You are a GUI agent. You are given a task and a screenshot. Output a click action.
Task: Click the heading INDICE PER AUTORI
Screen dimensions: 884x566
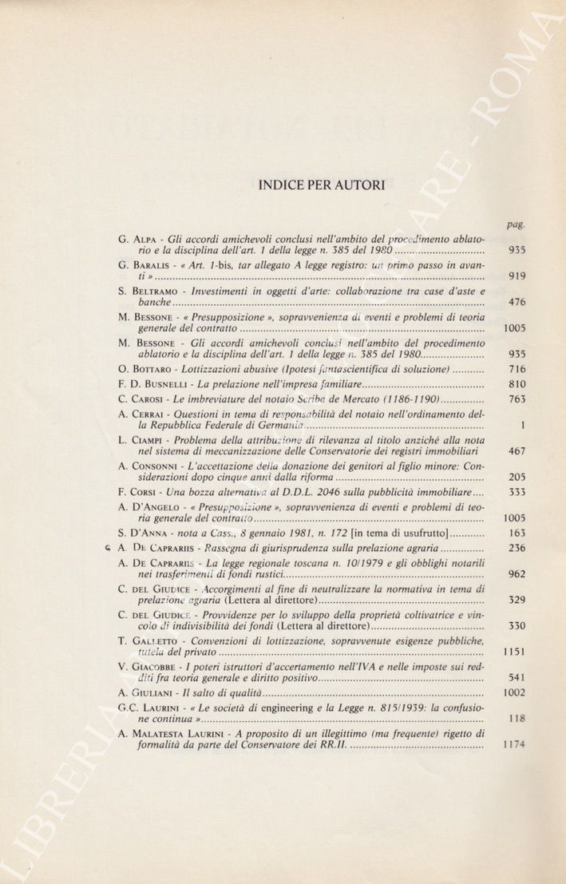(321, 185)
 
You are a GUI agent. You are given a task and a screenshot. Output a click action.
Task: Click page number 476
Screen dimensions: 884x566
(516, 303)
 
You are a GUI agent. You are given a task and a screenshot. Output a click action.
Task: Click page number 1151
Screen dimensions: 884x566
(513, 652)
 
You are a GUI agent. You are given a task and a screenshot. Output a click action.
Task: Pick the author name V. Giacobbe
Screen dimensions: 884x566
(149, 665)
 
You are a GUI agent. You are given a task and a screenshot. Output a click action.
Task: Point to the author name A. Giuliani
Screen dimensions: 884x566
(148, 692)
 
